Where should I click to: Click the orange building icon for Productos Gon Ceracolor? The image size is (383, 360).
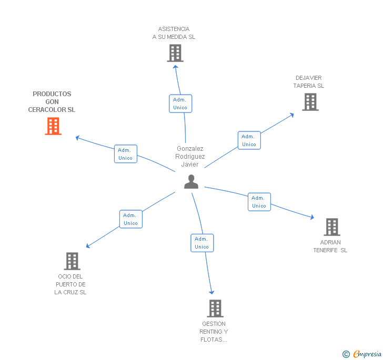[53, 126]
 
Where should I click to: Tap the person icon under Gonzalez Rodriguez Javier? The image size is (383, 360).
[191, 182]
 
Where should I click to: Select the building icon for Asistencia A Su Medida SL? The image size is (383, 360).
[175, 53]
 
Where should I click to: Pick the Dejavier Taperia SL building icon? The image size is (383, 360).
[310, 102]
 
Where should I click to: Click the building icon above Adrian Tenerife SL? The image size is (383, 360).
[331, 227]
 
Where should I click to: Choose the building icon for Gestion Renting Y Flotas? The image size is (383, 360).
[215, 308]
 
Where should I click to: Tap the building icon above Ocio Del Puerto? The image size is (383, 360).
[72, 261]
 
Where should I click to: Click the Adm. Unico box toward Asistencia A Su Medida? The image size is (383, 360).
[180, 104]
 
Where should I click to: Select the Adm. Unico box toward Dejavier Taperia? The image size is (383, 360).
[249, 140]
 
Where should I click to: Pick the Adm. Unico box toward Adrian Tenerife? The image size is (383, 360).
[259, 202]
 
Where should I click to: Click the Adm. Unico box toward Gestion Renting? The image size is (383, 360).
[201, 243]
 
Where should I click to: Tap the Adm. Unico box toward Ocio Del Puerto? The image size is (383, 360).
[130, 219]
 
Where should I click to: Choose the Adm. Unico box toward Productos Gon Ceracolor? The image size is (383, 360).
[125, 154]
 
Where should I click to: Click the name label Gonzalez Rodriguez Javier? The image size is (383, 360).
[190, 157]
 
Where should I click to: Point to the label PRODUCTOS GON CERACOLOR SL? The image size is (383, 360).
[52, 102]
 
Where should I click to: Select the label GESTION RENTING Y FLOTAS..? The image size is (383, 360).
[214, 332]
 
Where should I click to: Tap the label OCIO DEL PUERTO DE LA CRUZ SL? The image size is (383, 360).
[70, 284]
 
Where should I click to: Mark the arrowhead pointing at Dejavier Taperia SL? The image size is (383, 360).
[292, 115]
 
